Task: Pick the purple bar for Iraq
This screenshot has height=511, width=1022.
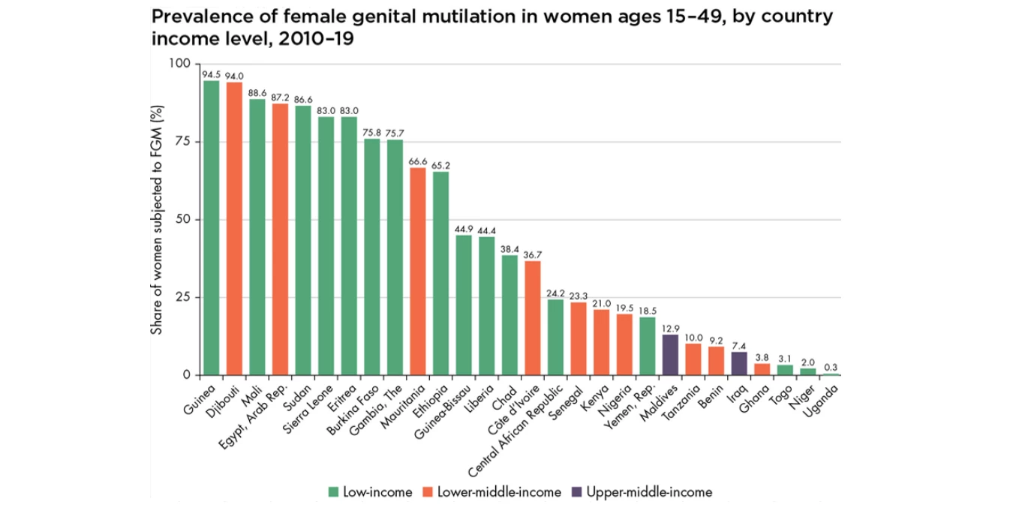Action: click(x=739, y=363)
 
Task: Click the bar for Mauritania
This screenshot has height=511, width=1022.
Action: click(x=418, y=271)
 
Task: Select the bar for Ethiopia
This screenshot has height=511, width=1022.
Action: click(x=441, y=273)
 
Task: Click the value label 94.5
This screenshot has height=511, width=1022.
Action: click(x=212, y=74)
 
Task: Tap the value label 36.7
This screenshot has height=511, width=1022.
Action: click(x=533, y=254)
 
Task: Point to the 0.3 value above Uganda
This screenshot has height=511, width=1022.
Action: click(x=830, y=367)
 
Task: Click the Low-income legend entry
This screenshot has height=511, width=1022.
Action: click(x=371, y=492)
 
